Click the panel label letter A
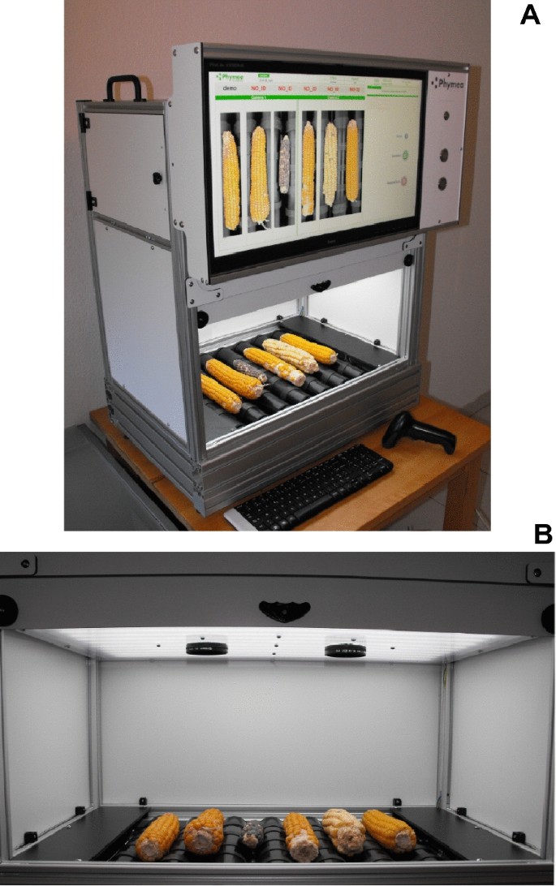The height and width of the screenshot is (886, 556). point(529,14)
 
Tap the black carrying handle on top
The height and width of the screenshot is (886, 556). point(124,87)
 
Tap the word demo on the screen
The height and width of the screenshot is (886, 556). point(228,88)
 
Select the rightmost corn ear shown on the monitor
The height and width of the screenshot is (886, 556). point(352,161)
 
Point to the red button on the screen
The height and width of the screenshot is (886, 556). point(403,182)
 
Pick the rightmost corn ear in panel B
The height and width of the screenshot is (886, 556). point(389,829)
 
